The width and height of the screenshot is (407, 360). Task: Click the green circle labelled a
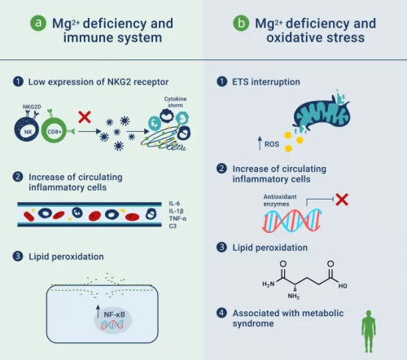[38, 23]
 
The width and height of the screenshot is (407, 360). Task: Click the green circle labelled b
[241, 23]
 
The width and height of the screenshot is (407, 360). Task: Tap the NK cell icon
[27, 130]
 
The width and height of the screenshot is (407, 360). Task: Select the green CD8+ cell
[55, 131]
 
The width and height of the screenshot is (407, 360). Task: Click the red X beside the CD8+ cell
[85, 117]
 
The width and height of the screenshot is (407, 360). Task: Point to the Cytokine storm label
[175, 102]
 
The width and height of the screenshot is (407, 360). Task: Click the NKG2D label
[32, 107]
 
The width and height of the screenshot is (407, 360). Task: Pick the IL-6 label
[174, 204]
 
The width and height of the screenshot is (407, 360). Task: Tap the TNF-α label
[177, 218]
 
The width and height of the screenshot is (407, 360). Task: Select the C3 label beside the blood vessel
[173, 226]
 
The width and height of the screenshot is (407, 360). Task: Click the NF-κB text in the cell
[114, 314]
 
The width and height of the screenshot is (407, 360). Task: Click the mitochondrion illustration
[322, 112]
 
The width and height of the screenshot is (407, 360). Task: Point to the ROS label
[272, 144]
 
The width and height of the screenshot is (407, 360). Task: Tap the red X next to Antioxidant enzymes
[342, 200]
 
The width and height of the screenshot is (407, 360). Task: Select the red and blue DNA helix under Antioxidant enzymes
[291, 221]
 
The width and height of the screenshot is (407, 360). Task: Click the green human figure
[369, 331]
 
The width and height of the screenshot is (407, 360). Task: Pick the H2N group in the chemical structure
[268, 284]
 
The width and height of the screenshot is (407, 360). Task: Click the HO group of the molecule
[343, 286]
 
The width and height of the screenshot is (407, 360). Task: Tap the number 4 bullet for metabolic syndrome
[221, 313]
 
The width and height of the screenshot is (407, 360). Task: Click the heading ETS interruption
[266, 81]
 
